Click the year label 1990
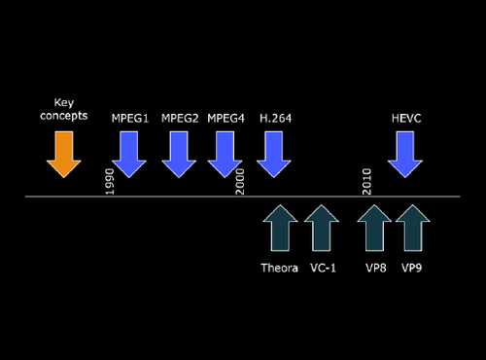(110, 180)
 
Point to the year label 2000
(240, 180)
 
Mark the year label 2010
(367, 180)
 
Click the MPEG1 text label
(129, 118)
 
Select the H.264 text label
(275, 118)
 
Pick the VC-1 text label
(323, 267)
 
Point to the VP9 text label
(412, 267)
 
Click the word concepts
(65, 117)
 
